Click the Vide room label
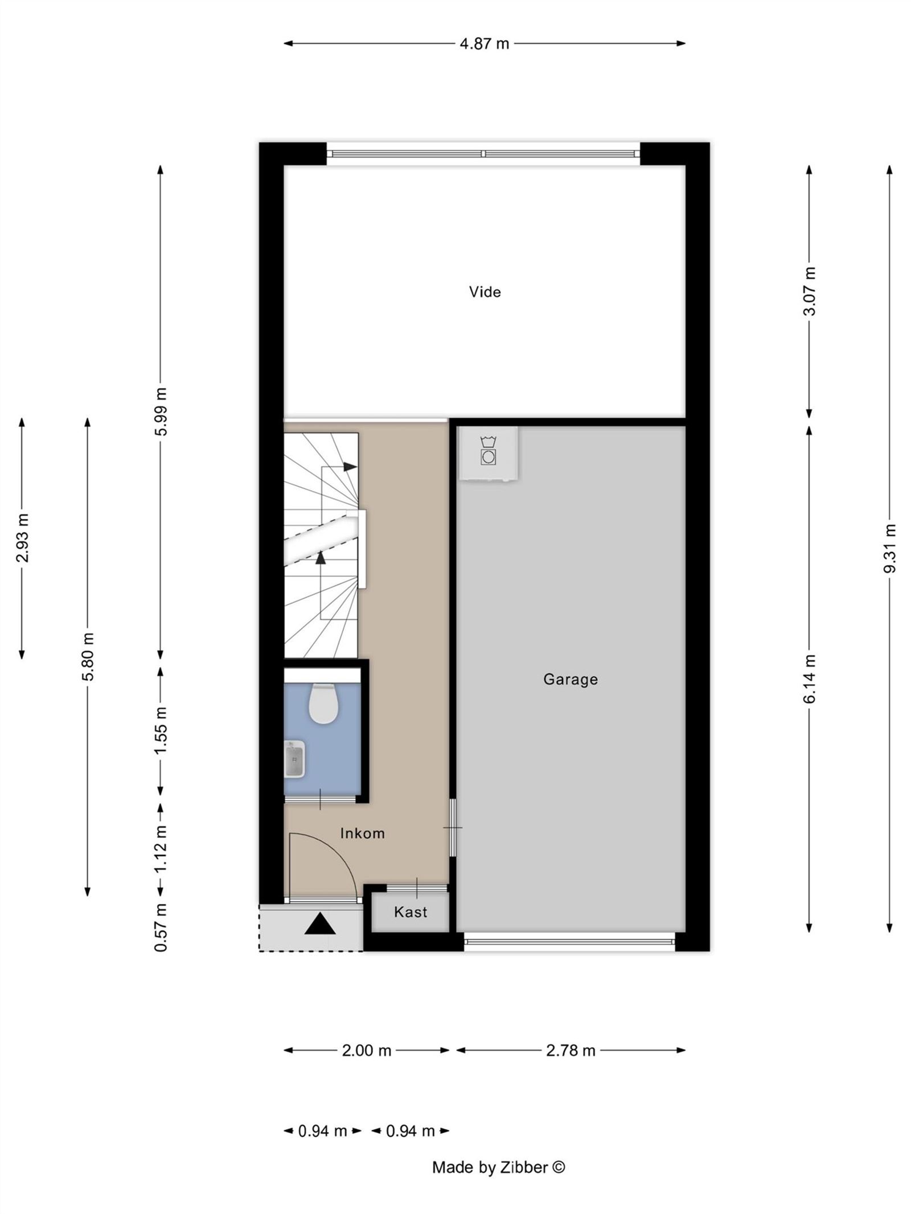point(485,292)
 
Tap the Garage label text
point(570,679)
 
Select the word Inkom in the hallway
point(362,833)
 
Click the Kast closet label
point(410,912)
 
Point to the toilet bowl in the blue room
point(323,703)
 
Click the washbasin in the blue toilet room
point(294,759)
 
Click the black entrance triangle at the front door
point(320,923)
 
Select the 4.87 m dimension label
point(484,43)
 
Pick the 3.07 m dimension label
point(809,291)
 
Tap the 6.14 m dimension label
point(809,679)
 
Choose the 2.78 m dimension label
point(571,1050)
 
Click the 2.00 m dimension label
point(366,1050)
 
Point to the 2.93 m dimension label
point(22,538)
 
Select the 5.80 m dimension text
point(88,656)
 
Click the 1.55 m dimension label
point(161,730)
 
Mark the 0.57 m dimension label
point(161,927)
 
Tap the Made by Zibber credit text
point(498,1167)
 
